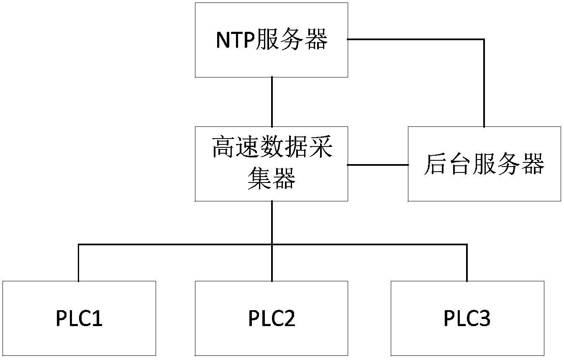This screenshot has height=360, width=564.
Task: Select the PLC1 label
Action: click(x=79, y=319)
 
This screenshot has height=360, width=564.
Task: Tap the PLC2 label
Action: click(x=272, y=319)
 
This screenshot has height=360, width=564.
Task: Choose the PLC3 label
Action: click(x=467, y=319)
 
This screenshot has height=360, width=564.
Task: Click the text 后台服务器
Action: click(x=484, y=164)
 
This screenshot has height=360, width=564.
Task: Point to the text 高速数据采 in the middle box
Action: click(x=272, y=147)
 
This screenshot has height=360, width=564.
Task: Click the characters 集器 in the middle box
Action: click(x=272, y=179)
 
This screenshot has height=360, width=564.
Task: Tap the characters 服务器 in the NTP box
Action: click(x=291, y=39)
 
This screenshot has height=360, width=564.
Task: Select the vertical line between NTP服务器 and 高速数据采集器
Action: click(x=272, y=102)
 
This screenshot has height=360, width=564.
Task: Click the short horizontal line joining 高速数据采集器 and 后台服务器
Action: click(x=378, y=165)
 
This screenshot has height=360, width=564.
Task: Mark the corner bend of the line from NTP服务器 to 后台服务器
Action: click(x=484, y=39)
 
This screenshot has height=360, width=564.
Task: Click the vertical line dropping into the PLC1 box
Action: click(x=79, y=263)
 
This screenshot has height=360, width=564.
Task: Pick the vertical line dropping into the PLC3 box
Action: click(x=467, y=263)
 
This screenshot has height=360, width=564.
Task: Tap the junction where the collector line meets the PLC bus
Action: click(x=272, y=244)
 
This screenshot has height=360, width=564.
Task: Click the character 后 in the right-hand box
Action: click(x=435, y=164)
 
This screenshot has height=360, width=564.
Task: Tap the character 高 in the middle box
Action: click(x=223, y=147)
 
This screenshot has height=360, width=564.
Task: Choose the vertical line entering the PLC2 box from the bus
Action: click(x=272, y=263)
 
